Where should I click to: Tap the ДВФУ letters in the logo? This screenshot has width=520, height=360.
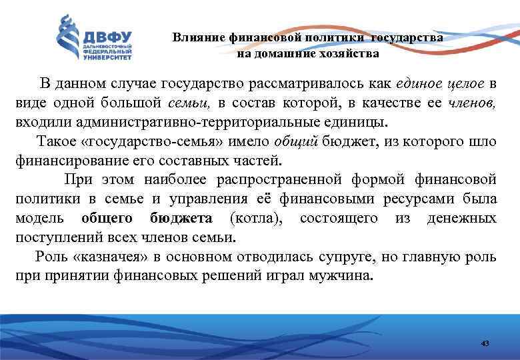(107, 37)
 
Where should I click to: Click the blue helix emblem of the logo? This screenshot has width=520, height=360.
(67, 39)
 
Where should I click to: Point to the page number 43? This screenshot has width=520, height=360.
(485, 343)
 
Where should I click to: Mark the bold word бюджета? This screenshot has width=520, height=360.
(181, 219)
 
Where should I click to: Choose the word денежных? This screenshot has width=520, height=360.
(465, 219)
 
